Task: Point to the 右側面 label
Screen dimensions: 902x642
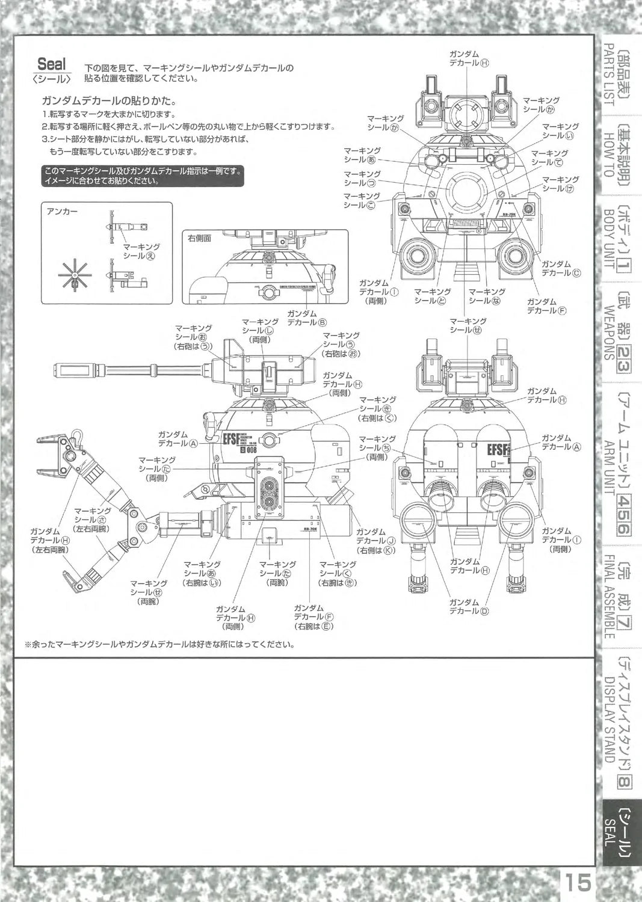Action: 199,238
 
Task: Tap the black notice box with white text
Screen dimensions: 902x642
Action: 143,176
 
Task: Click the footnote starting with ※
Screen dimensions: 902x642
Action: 159,645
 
